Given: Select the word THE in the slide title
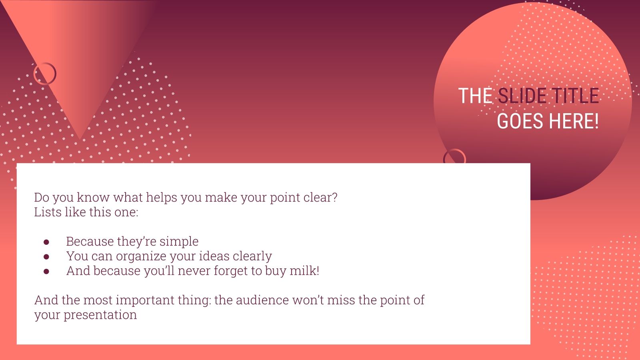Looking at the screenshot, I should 475,96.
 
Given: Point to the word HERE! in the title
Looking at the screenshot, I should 574,121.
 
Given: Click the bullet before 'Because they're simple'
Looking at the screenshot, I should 46,242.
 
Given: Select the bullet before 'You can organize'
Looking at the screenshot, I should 46,256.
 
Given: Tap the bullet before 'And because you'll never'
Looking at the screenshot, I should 46,271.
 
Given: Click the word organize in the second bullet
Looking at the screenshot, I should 141,256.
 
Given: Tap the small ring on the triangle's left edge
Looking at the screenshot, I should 45,74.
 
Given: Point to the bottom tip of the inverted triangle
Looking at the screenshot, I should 80,138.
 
